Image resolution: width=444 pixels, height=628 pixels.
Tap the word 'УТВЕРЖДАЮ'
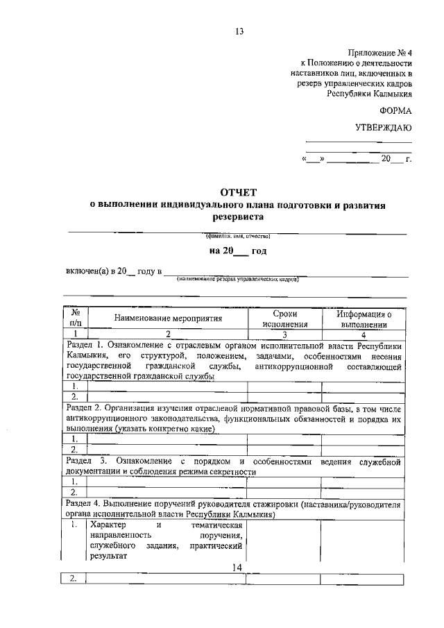pyautogui.click(x=384, y=128)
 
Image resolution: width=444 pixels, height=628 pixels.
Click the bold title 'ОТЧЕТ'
pyautogui.click(x=239, y=192)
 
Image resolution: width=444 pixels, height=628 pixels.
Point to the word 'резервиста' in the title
pyautogui.click(x=239, y=217)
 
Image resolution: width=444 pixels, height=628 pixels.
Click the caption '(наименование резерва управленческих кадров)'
pyautogui.click(x=238, y=280)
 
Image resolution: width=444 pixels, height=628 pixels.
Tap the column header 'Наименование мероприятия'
pyautogui.click(x=169, y=319)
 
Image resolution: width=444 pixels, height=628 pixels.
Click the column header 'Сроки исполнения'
pyautogui.click(x=284, y=319)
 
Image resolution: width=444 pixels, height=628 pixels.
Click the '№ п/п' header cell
pyautogui.click(x=76, y=319)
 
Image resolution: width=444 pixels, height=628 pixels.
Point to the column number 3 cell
pyautogui.click(x=284, y=334)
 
